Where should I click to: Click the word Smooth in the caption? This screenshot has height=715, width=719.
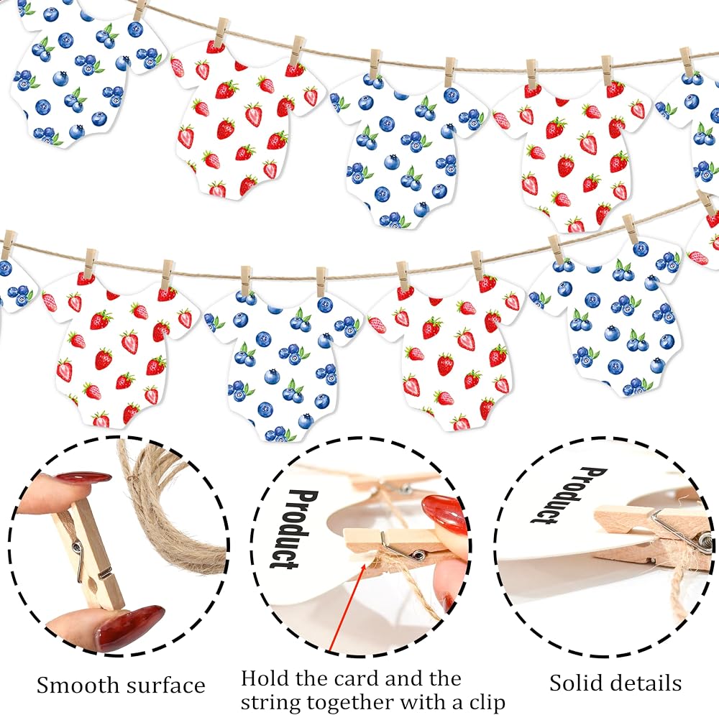pyautogui.click(x=78, y=686)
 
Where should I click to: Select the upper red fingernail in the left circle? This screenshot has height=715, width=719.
pyautogui.click(x=83, y=480)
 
